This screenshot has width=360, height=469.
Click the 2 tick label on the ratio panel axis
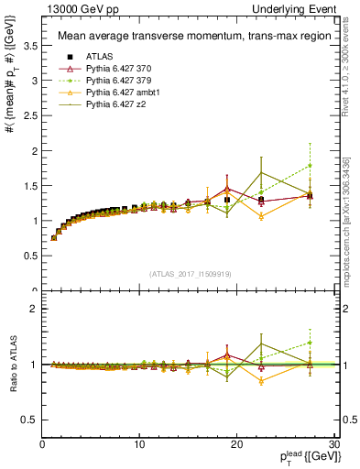pos(35,309)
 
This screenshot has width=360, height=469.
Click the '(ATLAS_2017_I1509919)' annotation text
pos(189,272)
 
